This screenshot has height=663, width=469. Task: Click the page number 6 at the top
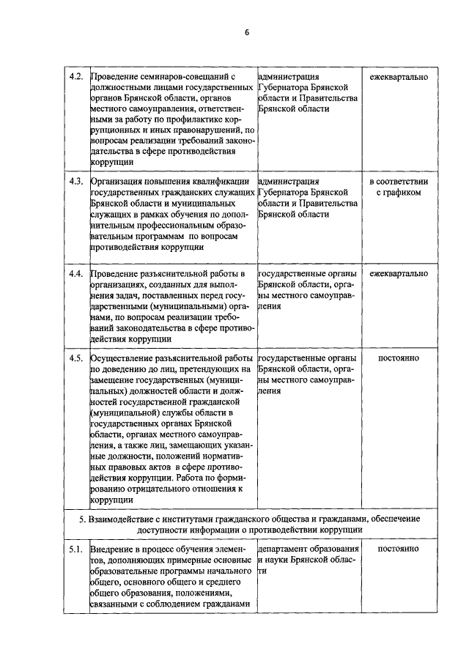(x=247, y=33)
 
